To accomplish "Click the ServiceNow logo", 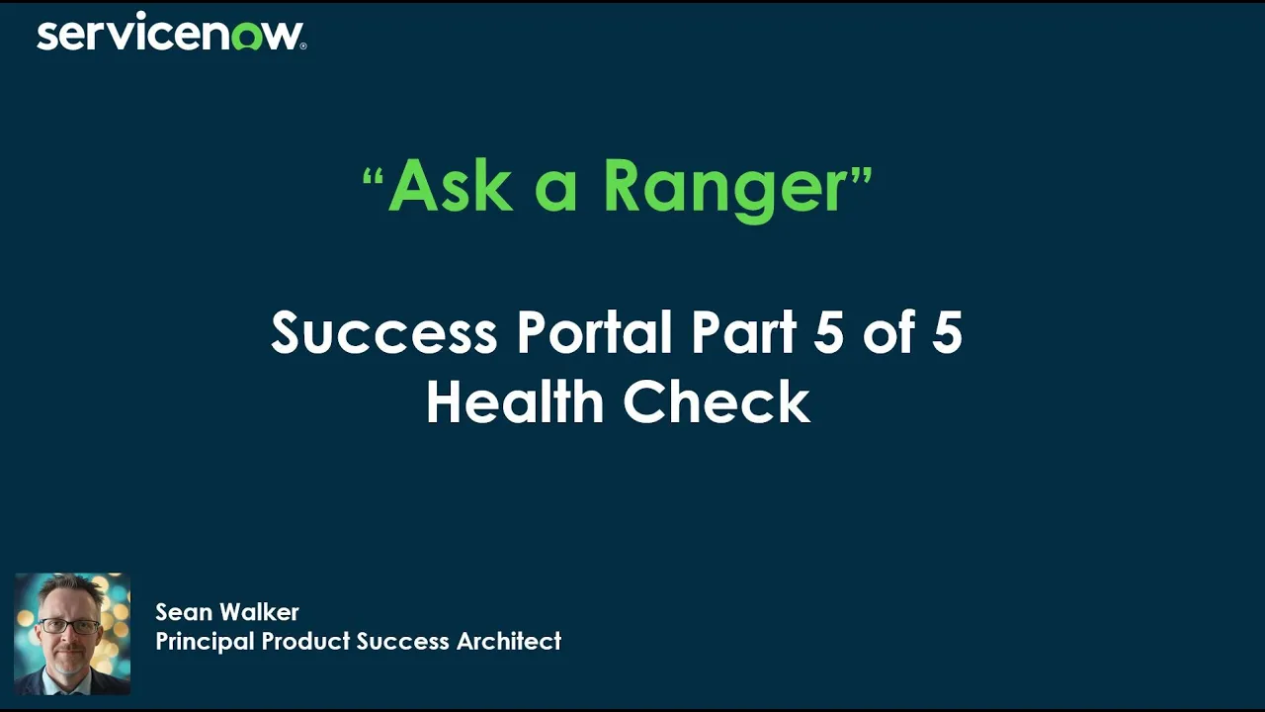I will click(170, 35).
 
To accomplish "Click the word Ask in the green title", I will click(450, 185).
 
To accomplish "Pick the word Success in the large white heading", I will click(383, 332).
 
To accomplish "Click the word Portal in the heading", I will click(597, 332).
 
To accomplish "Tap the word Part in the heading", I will click(743, 332).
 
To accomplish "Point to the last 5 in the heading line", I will click(947, 332).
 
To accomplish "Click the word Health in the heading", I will click(514, 402).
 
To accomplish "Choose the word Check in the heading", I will click(716, 402).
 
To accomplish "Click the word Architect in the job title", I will click(508, 641).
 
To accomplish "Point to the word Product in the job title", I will click(305, 641).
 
